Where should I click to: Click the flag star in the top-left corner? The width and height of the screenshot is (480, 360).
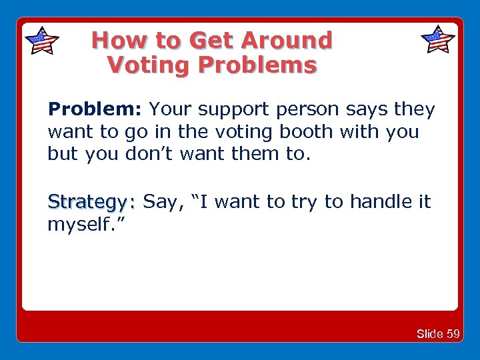pos(41,41)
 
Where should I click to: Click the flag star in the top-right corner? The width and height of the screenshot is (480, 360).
pos(438,40)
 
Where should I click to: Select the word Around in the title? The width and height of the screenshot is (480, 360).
pos(287,41)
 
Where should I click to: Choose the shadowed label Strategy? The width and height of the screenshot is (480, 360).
pos(91,201)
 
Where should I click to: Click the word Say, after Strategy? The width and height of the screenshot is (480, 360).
pos(163,201)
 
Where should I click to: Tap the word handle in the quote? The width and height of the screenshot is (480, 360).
pos(366,201)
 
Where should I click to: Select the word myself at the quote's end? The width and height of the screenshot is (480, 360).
pos(76,224)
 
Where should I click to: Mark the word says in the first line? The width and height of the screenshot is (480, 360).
pos(372,109)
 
